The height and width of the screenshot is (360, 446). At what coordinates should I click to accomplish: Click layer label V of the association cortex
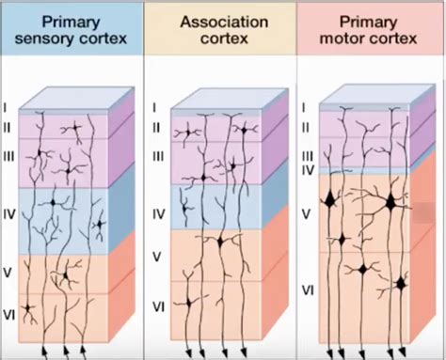click(x=158, y=255)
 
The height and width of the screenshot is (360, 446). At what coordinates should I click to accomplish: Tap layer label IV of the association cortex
click(x=158, y=215)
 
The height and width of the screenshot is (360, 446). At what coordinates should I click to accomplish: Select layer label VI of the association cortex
click(x=158, y=306)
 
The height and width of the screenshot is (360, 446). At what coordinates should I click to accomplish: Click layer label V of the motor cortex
click(x=306, y=213)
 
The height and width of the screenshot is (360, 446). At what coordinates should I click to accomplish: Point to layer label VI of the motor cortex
click(x=306, y=290)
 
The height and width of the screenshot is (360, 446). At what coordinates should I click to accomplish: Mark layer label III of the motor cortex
click(x=307, y=156)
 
